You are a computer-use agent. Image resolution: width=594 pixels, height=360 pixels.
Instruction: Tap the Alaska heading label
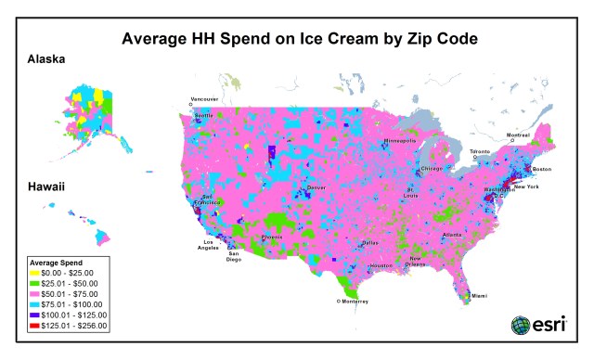click(x=45, y=59)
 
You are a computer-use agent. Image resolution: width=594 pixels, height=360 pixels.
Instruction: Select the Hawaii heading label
click(x=45, y=187)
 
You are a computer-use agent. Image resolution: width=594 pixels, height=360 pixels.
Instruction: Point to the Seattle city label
click(x=202, y=115)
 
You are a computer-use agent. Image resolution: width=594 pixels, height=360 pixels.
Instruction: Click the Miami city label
click(x=478, y=295)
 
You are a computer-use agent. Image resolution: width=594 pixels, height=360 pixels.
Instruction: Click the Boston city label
click(x=541, y=168)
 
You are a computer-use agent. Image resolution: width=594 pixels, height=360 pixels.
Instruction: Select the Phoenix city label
click(x=272, y=237)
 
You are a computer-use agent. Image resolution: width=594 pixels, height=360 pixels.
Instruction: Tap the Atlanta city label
click(x=452, y=235)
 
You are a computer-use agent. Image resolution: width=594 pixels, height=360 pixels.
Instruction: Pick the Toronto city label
click(x=479, y=150)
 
